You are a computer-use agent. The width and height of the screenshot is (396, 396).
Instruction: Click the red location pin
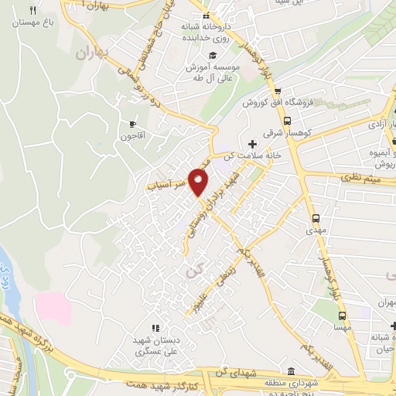click(199, 183)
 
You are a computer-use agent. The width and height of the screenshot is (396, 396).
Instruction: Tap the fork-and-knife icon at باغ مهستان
click(32, 10)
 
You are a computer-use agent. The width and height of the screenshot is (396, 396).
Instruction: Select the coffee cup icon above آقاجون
click(132, 123)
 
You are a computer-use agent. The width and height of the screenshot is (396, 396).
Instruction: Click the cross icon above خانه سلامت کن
click(252, 143)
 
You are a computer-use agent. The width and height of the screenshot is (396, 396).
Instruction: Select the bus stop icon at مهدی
click(316, 217)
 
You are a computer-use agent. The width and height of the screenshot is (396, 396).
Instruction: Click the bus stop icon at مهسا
click(343, 315)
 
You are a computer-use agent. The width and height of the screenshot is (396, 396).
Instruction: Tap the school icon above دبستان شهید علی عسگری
click(154, 328)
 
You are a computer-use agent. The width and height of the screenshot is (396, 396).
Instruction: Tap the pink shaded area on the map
click(53, 309)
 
